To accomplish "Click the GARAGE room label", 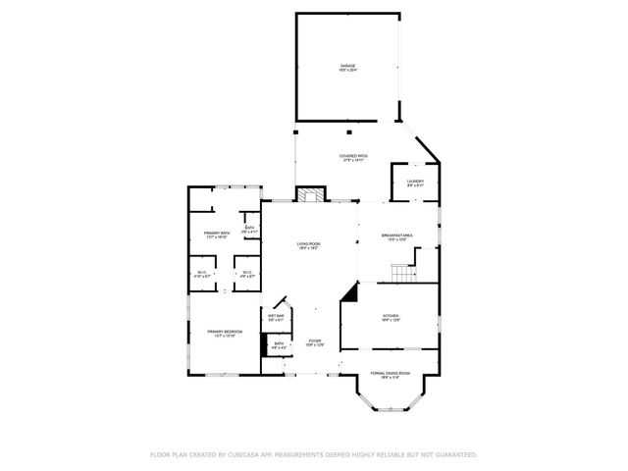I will [347, 66].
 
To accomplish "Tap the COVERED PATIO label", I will [354, 156].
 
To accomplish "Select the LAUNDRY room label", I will [415, 181].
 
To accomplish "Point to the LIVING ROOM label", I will [309, 243].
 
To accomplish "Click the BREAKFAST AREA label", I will [397, 235].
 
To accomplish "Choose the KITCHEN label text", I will [392, 315].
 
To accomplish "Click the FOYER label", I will [314, 340].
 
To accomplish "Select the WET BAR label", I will [276, 315].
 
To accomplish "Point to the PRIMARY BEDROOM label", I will [224, 332].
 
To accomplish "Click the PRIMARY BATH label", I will [217, 233].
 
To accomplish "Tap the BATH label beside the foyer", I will [280, 343].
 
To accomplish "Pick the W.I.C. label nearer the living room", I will [247, 273].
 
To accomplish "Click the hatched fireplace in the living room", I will [312, 194].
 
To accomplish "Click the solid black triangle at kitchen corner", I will [349, 294].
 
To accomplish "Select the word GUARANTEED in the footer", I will [455, 454].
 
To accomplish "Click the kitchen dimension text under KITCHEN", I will [392, 320].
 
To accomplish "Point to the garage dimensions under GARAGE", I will [347, 71].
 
